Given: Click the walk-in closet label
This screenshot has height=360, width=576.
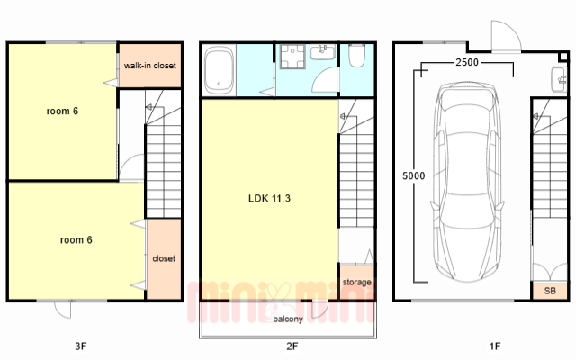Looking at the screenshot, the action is tap(150, 66).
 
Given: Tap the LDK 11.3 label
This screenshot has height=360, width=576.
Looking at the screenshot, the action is tap(269, 198).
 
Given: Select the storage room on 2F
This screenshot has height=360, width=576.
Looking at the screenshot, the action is tap(356, 282).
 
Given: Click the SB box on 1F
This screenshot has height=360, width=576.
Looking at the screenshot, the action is tap(550, 291).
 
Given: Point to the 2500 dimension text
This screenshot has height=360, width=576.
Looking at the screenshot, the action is tap(467, 62).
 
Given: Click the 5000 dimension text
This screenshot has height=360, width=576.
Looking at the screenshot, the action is tap(414, 176).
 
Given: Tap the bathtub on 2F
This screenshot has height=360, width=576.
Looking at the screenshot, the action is tap(219, 70).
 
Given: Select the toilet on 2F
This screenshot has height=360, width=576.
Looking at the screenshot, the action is tap(356, 56).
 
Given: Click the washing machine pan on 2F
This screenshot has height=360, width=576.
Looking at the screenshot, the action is tap(292, 57).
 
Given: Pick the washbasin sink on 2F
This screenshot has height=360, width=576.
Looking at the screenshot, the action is tap(322, 52).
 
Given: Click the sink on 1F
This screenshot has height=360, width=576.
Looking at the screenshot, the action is tap(559, 79).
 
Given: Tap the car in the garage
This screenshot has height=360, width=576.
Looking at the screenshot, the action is tap(467, 182).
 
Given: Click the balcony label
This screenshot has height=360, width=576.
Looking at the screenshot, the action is tap(288, 319).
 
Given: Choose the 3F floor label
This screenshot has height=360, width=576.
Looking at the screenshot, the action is tap(81, 346).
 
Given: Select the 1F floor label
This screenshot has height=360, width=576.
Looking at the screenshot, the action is tap(495, 346).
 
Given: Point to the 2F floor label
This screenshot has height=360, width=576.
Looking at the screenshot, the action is tap(292, 346).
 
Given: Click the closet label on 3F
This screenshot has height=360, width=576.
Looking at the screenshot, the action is tap(164, 258).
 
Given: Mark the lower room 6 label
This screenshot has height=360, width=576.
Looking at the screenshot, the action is tap(76, 240).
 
